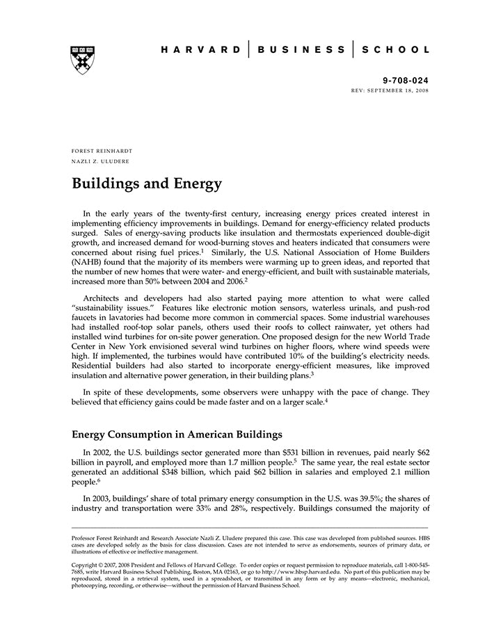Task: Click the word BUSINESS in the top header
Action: point(301,50)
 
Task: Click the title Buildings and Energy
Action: point(146,184)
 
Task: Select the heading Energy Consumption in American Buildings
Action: point(177,435)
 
